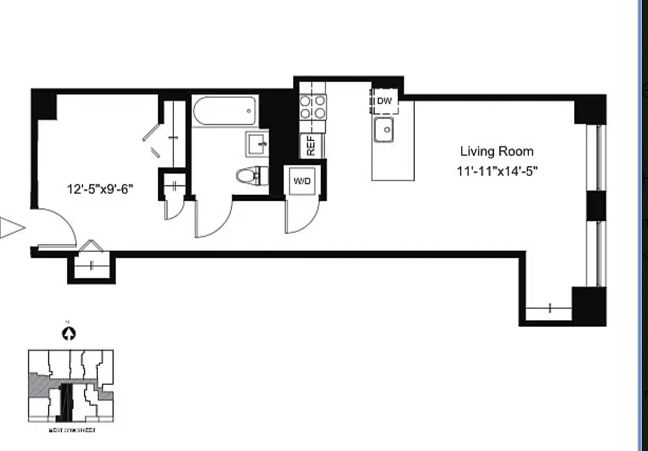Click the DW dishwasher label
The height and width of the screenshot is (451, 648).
coord(384,101)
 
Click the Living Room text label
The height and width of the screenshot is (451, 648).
coord(496,151)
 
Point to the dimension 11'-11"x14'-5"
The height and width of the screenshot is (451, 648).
coord(497,171)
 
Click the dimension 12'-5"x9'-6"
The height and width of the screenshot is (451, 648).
coord(100,189)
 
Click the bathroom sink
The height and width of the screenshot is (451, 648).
coord(257,144)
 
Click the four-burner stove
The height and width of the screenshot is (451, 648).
coord(313,107)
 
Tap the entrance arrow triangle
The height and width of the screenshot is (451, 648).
coord(12,228)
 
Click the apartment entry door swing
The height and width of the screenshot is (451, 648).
coord(56,228)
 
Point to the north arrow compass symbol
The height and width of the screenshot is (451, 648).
coord(69,334)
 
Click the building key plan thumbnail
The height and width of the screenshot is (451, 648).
coord(71,386)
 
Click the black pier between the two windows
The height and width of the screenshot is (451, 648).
coord(596,206)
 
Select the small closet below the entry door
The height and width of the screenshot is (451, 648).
coord(91,267)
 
